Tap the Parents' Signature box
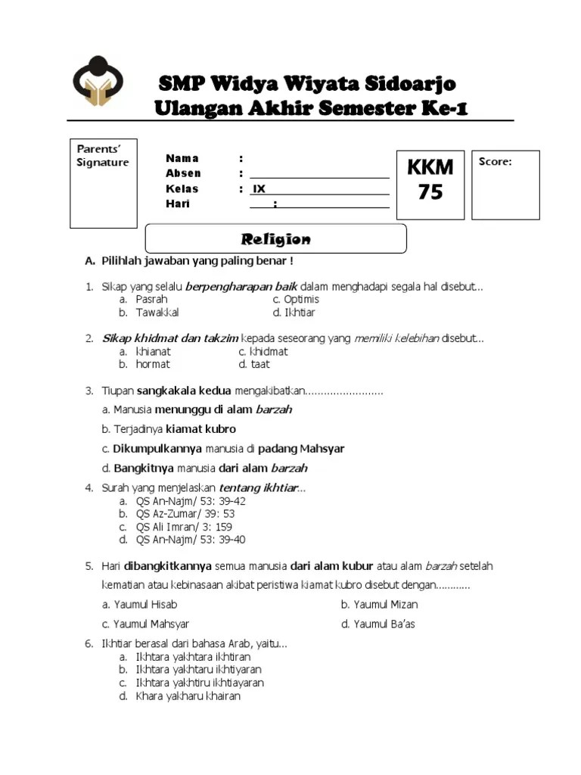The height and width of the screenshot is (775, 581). coord(104,183)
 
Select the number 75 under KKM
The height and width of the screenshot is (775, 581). coord(430,192)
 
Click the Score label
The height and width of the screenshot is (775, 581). coord(496,162)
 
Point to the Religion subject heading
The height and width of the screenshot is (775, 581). coord(275,239)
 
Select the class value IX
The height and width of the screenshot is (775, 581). coord(259,189)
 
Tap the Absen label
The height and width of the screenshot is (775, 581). coord(183,173)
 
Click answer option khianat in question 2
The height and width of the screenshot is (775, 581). coord(153,351)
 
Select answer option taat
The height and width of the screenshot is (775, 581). coord(254,364)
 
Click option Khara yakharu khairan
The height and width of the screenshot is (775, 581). coord(187,696)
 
